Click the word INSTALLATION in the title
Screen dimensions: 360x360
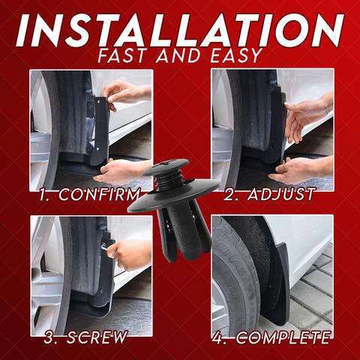coord(180,30)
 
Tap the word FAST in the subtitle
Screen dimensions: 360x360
coord(121,55)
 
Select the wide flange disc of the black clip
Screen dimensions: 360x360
coord(174,197)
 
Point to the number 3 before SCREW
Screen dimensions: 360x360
coord(49,337)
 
